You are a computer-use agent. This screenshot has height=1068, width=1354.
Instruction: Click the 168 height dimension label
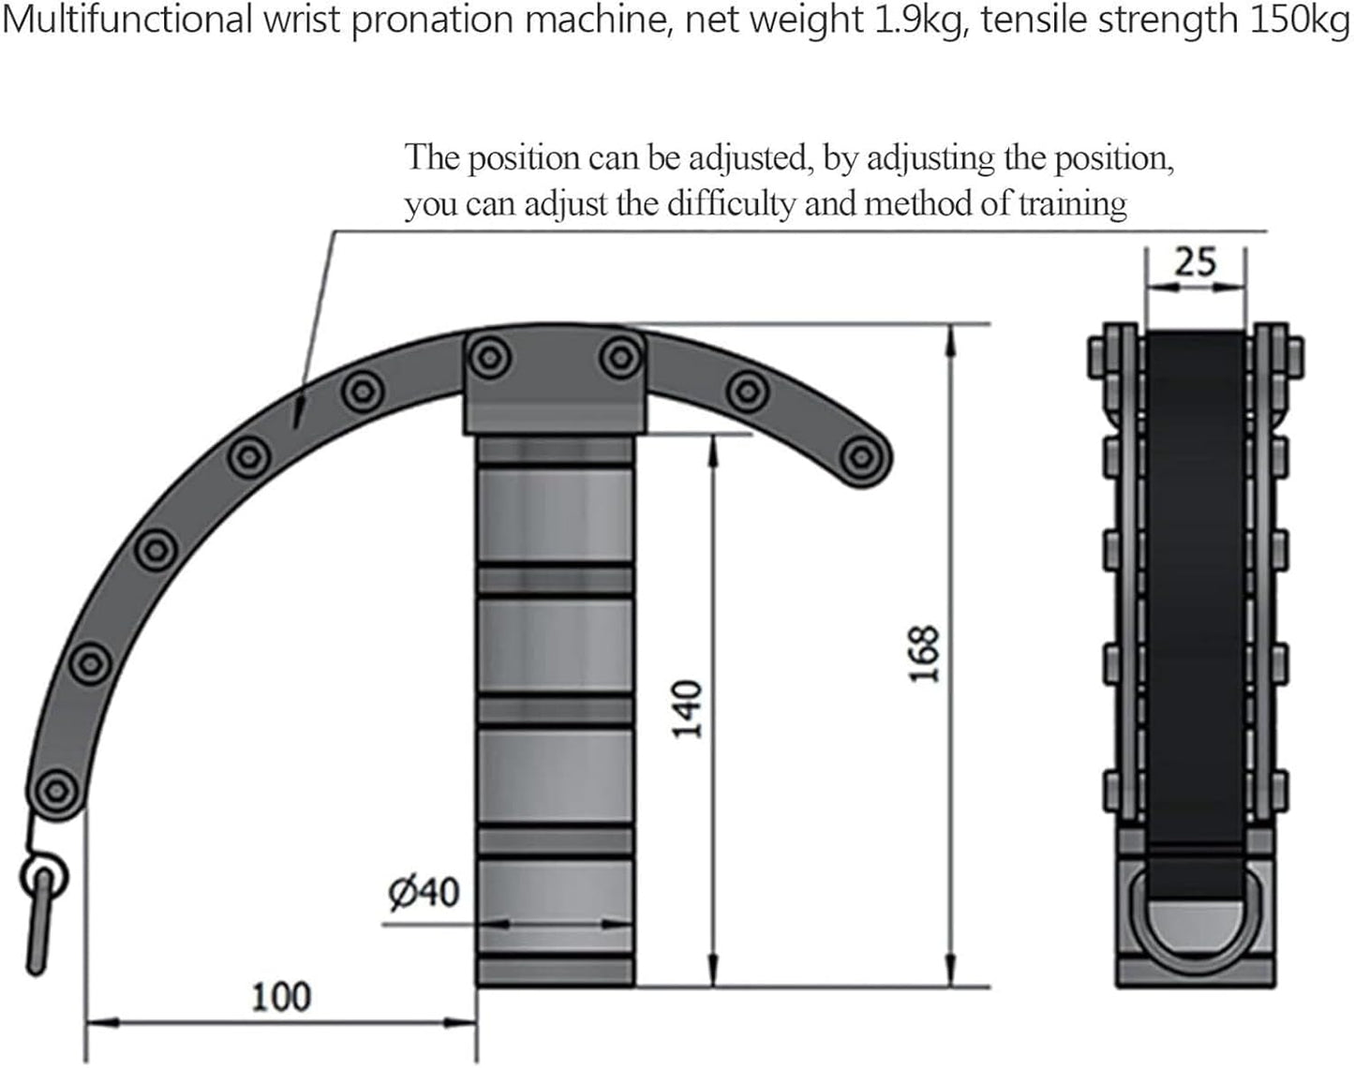[924, 653]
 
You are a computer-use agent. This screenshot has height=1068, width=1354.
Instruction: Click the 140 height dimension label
[688, 709]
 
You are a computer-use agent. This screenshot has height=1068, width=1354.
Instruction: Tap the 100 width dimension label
[281, 997]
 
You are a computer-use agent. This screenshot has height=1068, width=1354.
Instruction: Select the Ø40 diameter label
[424, 892]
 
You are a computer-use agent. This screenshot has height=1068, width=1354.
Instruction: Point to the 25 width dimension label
[1195, 262]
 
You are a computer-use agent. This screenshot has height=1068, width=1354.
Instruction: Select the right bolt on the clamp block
[619, 357]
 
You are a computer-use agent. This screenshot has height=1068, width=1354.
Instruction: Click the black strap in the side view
[1195, 581]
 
